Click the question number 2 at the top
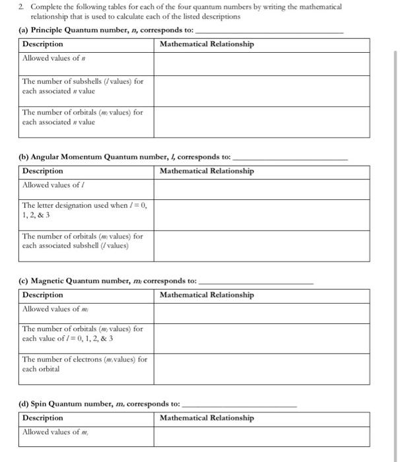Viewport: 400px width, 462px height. point(20,7)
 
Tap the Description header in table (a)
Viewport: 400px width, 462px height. point(43,44)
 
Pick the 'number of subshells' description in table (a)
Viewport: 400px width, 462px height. point(83,86)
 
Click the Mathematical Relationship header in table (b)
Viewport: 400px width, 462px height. point(206,171)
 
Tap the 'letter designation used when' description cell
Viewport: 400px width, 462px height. point(84,210)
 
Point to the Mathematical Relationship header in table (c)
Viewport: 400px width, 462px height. point(206,295)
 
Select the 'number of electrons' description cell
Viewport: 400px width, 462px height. point(84,364)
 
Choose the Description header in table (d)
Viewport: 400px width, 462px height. point(43,418)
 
